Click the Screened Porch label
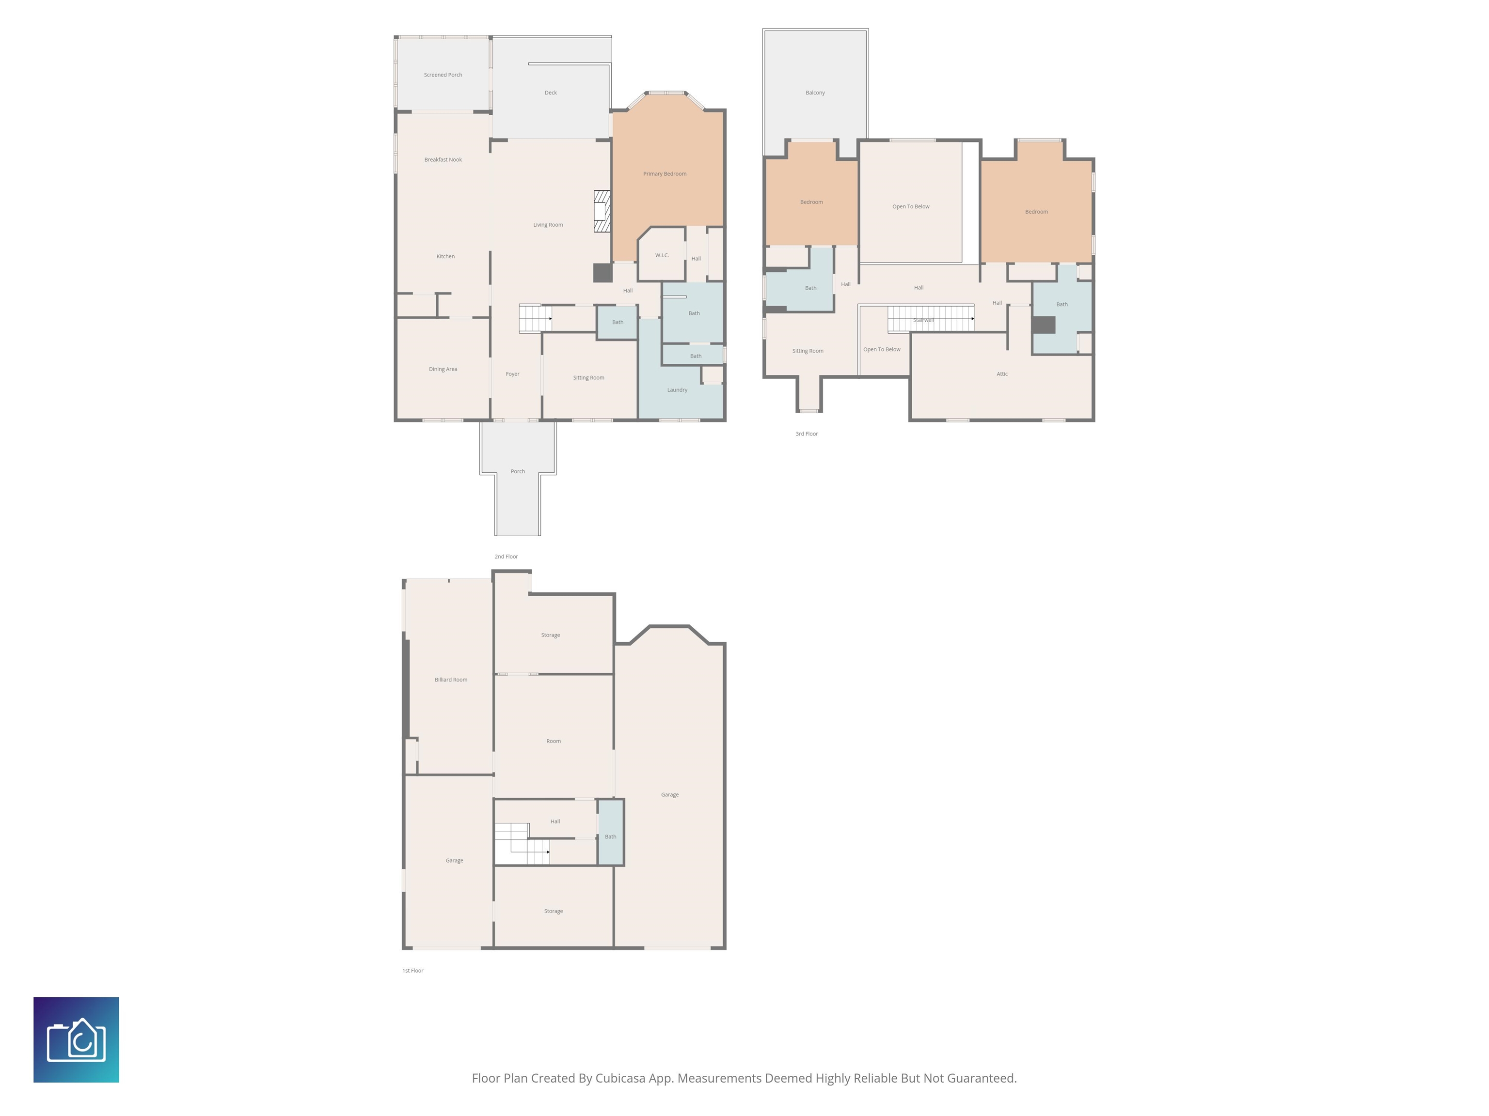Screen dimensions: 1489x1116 443,75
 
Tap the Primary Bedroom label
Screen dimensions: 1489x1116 665,173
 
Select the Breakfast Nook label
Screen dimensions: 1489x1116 443,159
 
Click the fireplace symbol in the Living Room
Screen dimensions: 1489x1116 602,211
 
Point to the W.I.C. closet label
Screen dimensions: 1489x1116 662,255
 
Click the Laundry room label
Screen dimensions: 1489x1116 677,389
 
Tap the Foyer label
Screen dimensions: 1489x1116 512,374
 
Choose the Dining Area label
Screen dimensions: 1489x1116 443,369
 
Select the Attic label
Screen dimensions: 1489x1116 1002,373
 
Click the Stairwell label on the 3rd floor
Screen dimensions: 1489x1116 923,320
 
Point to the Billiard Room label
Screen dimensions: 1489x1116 451,680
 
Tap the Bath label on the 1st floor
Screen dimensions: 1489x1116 611,836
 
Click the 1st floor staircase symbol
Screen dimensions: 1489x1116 523,844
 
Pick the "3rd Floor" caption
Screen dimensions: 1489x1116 807,434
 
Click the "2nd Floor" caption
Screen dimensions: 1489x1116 506,557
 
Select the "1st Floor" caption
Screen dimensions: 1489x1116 412,970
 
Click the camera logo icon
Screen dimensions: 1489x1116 76,1039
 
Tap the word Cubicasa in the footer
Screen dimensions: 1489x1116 620,1078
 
